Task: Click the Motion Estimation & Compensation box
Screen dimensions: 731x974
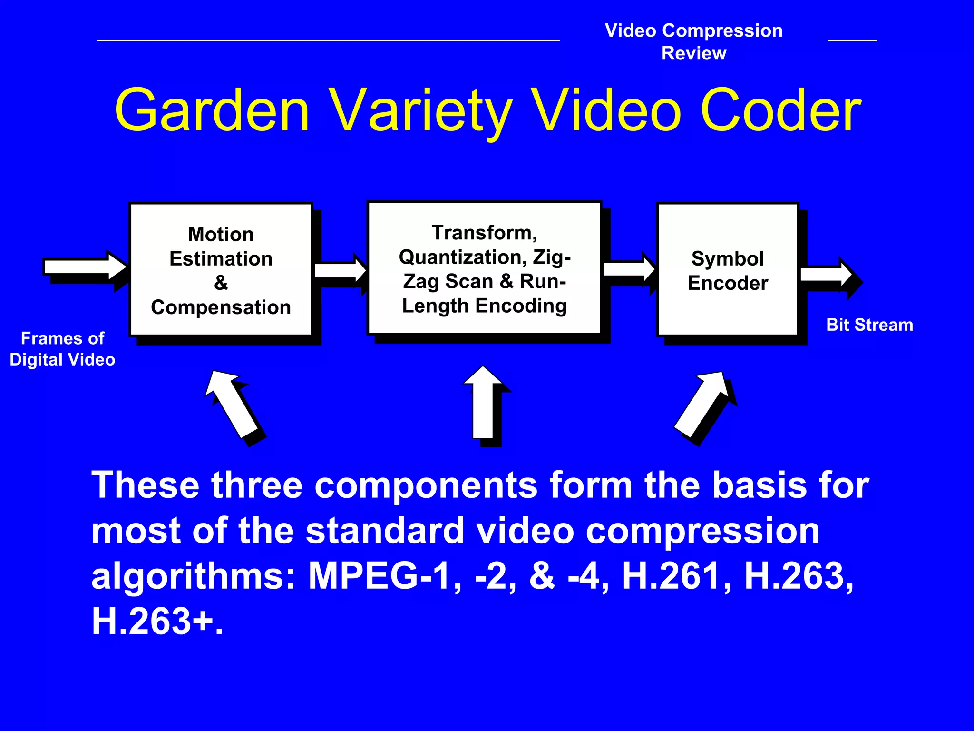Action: pyautogui.click(x=221, y=270)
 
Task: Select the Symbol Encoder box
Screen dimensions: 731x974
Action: pyautogui.click(x=727, y=270)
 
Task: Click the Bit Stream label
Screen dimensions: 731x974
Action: pyautogui.click(x=869, y=325)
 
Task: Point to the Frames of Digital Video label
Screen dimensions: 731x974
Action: pyautogui.click(x=62, y=349)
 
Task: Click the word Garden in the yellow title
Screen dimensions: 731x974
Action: pyautogui.click(x=212, y=110)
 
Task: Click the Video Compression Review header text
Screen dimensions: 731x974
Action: pyautogui.click(x=693, y=42)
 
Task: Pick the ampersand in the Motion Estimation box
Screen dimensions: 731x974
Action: pyautogui.click(x=221, y=283)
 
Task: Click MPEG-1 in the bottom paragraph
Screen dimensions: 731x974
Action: pyautogui.click(x=379, y=576)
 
